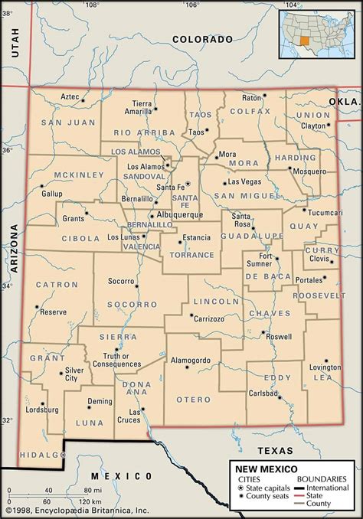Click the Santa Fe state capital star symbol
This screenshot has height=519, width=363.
coord(187,184)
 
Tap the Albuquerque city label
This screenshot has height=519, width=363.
coord(181,216)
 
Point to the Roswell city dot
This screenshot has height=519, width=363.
coord(263,333)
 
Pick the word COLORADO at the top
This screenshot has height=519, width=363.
coord(201,38)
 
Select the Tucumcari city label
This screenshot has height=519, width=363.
coord(325,212)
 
